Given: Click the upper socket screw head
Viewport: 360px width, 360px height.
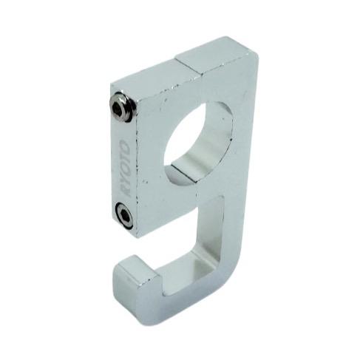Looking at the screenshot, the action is tap(122, 107).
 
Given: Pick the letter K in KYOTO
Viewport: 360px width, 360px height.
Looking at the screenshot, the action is tap(124, 191).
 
